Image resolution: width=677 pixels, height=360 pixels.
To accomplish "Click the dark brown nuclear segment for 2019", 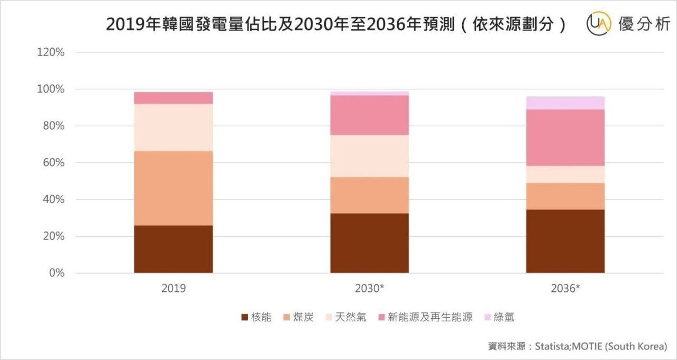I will coord(173,249).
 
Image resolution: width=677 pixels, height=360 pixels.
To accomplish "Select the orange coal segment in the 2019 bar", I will coord(173,188).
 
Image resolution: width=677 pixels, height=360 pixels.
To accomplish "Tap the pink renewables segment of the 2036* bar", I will coord(565,137).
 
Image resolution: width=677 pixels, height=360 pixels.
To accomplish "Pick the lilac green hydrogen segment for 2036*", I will coord(565,103).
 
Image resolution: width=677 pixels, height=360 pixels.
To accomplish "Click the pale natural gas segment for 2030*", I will coord(369,156).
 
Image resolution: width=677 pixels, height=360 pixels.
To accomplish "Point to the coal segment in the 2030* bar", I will coord(369,195).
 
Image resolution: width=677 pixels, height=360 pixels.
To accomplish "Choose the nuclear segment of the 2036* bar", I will coord(565,241).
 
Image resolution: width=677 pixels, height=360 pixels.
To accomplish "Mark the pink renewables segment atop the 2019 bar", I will coord(173,98).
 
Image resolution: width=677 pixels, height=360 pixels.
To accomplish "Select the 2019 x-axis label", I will coord(173,289).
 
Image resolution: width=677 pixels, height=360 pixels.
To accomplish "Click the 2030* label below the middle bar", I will coord(369,289).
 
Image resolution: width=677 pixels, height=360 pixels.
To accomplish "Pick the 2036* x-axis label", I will coord(565,289).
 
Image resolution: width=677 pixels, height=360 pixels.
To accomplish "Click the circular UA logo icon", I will coord(599,25).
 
